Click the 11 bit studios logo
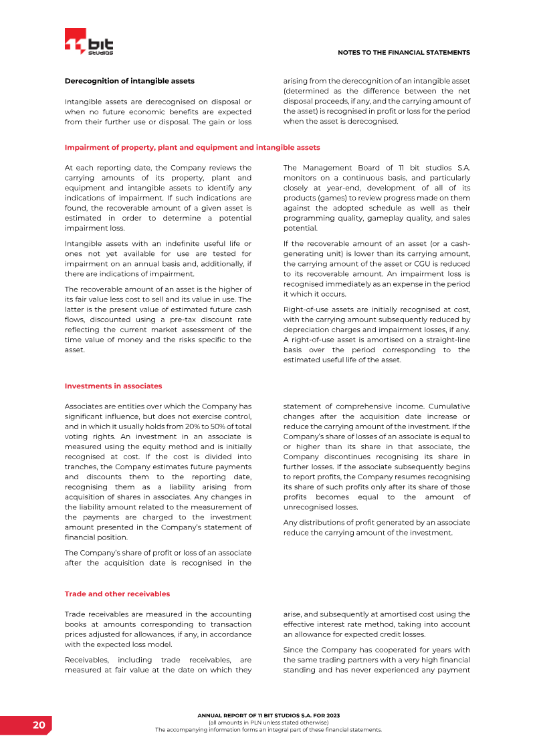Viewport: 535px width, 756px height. (x=89, y=42)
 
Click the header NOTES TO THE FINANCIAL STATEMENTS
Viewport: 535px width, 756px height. (x=404, y=52)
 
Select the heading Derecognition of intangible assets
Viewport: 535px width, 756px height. (x=129, y=81)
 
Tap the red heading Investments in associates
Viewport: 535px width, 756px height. (x=113, y=386)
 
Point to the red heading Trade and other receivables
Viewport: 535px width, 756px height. (x=117, y=594)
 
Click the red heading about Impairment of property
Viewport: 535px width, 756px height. (x=192, y=147)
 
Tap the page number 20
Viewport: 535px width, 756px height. (x=39, y=725)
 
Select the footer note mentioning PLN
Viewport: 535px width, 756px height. (x=268, y=723)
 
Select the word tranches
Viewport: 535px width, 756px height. (x=81, y=467)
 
